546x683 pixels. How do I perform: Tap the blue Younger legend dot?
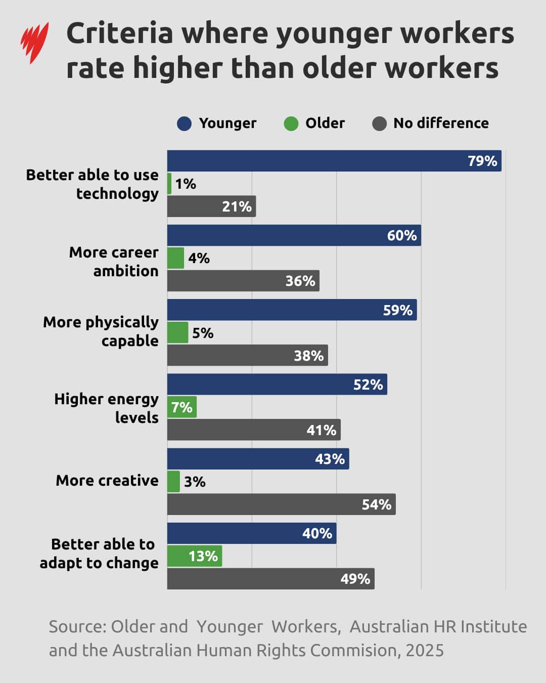pyautogui.click(x=184, y=123)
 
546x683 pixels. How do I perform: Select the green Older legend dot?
pyautogui.click(x=291, y=123)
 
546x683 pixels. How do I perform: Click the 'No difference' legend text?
pyautogui.click(x=441, y=123)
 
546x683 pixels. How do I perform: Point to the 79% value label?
pyautogui.click(x=482, y=161)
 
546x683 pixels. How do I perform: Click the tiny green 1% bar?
pyautogui.click(x=169, y=184)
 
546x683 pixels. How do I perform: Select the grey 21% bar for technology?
pyautogui.click(x=211, y=206)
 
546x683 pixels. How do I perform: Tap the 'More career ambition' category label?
pyautogui.click(x=114, y=262)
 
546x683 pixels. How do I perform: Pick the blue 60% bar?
pyautogui.click(x=293, y=236)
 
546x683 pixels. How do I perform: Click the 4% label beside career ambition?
pyautogui.click(x=199, y=259)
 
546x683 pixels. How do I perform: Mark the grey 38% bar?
pyautogui.click(x=247, y=356)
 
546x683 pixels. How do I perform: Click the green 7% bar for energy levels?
pyautogui.click(x=181, y=407)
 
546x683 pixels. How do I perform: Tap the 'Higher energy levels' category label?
pyautogui.click(x=107, y=408)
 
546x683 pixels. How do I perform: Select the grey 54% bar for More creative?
pyautogui.click(x=281, y=504)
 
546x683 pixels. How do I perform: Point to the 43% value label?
pyautogui.click(x=330, y=459)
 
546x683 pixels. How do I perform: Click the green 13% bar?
pyautogui.click(x=194, y=556)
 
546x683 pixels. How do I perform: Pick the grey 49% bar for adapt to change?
pyautogui.click(x=270, y=579)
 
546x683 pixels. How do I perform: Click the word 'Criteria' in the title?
pyautogui.click(x=120, y=33)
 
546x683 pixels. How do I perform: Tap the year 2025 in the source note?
pyautogui.click(x=425, y=651)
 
